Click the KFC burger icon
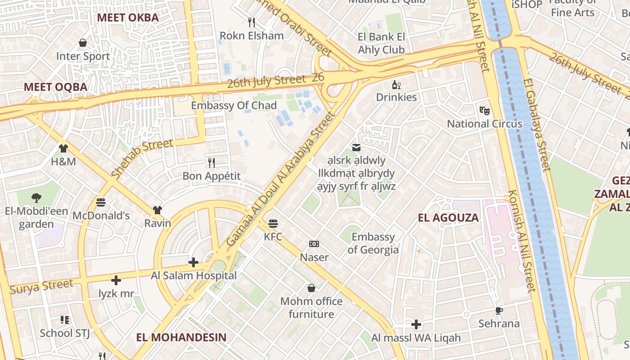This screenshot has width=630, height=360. (x=273, y=224)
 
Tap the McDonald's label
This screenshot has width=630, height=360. (x=101, y=216)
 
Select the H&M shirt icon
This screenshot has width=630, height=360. (x=63, y=148)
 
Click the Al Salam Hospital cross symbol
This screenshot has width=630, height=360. (x=193, y=262)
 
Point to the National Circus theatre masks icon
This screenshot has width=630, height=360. (x=484, y=110)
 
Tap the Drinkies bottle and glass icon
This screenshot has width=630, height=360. (x=396, y=85)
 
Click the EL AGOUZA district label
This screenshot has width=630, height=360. (x=448, y=218)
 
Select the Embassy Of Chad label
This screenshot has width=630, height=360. (x=234, y=106)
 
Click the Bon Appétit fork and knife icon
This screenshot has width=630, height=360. (x=211, y=162)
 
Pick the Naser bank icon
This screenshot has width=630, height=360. (x=314, y=244)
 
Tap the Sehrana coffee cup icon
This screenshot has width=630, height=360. (x=499, y=310)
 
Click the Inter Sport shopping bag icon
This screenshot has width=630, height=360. (x=83, y=43)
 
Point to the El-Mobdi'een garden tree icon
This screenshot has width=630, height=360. (x=36, y=198)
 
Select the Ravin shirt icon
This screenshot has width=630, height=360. (x=157, y=210)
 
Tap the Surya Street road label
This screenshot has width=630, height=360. (x=41, y=286)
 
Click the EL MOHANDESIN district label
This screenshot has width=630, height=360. (x=181, y=337)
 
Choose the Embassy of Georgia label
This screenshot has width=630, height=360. (x=373, y=243)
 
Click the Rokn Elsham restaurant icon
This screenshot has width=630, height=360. (x=252, y=22)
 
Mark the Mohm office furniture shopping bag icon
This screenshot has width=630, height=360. (x=311, y=288)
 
